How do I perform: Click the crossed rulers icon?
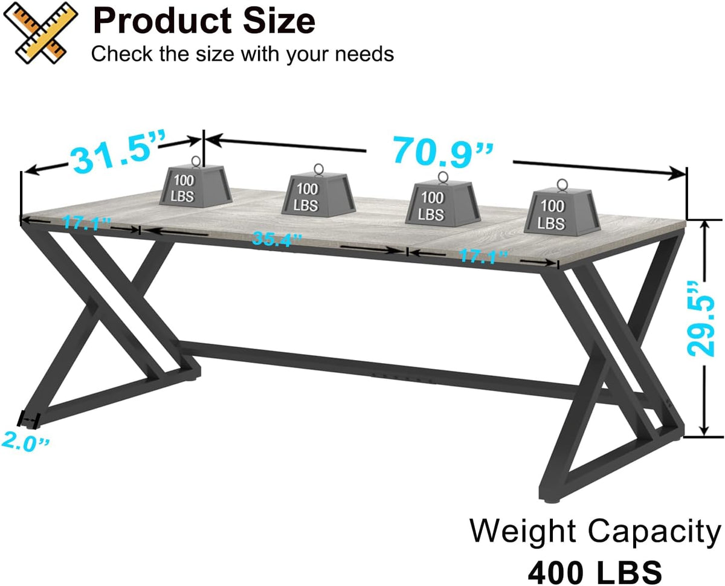(x=40, y=33)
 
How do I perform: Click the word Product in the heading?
(x=162, y=21)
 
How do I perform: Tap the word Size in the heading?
(x=279, y=21)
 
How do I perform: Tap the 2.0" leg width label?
(x=25, y=442)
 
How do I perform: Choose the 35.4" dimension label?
(x=276, y=239)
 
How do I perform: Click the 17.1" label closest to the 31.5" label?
(x=87, y=223)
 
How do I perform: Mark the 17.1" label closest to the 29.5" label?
(x=483, y=256)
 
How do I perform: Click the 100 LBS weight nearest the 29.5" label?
(x=562, y=211)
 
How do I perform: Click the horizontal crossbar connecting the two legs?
(x=378, y=369)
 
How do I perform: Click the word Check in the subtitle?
(x=121, y=54)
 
